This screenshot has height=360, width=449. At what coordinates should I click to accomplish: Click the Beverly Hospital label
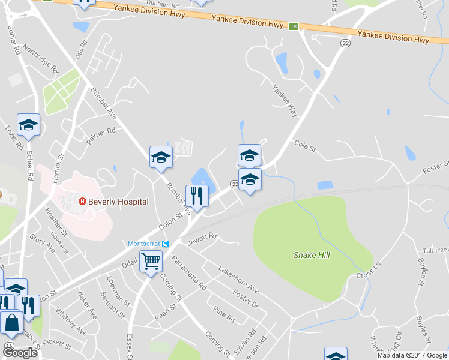coord(118,202)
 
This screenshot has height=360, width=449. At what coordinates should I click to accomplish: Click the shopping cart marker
coord(151,261)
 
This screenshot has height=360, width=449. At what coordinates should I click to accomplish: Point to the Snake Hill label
coord(312,255)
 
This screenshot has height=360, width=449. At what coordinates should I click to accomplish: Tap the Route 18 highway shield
coord(293,26)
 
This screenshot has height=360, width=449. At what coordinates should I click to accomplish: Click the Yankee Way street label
coord(284,95)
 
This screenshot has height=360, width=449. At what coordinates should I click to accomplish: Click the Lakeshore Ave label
coord(238,280)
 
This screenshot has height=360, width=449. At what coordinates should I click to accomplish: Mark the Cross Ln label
coord(369,270)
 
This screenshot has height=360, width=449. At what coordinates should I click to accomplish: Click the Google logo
coord(20,353)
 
